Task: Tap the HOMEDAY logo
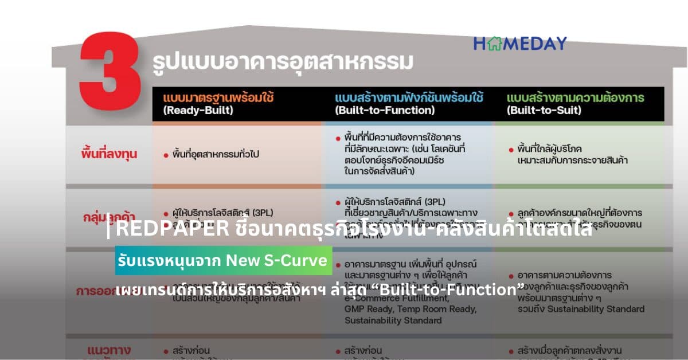coord(519,43)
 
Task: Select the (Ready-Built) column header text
coord(198,111)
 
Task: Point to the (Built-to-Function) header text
coord(385,111)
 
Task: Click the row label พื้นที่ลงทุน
coord(109,154)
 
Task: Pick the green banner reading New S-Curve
coord(223,261)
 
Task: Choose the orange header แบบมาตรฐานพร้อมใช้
coord(218,97)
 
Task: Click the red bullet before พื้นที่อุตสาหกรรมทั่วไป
coord(166,155)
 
